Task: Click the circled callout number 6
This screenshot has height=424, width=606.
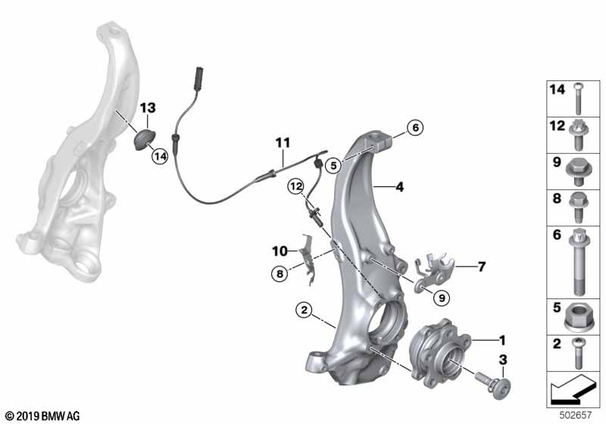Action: (x=415, y=127)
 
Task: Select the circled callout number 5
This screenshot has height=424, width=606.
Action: (x=333, y=166)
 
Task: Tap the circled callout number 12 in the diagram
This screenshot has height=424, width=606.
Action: (x=296, y=187)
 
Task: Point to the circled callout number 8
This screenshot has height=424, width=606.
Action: (x=280, y=274)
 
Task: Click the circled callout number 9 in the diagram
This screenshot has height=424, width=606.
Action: (x=442, y=298)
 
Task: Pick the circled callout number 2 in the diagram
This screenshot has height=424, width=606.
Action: (x=305, y=310)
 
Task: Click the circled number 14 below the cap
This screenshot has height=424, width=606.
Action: (x=160, y=157)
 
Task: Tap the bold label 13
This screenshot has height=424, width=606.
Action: (x=148, y=108)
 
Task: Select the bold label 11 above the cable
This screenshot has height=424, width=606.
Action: (x=283, y=142)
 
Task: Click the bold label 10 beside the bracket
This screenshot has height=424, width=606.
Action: (x=280, y=251)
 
